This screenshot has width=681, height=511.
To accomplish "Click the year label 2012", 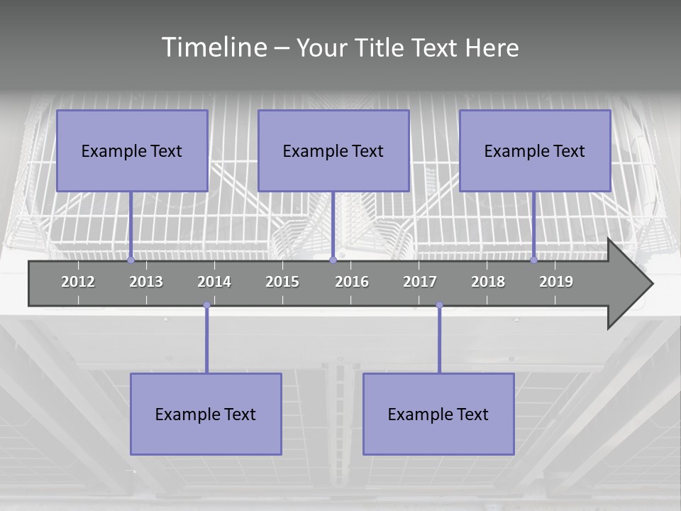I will tap(78, 282).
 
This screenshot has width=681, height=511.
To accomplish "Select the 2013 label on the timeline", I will tap(146, 282).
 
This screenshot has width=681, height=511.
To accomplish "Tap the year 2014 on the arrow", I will tap(214, 282).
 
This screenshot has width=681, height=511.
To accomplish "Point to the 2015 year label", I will tap(282, 282).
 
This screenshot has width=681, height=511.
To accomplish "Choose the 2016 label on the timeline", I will tap(352, 282).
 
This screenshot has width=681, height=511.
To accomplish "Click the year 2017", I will tap(420, 282).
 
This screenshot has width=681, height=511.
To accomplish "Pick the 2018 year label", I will tap(488, 282).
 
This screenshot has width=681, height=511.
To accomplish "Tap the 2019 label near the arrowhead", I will tap(556, 282).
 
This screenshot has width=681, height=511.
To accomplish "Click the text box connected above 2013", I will tap(132, 150).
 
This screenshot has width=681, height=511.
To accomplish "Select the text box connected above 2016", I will tap(333, 150).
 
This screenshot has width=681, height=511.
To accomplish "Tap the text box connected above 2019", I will tap(535, 150).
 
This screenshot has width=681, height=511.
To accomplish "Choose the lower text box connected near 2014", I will tap(206, 414).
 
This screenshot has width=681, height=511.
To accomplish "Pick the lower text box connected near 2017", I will tap(438, 414).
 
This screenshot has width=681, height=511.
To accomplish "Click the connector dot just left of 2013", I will tap(131, 260).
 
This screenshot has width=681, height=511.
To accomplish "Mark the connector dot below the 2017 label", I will tap(439, 305).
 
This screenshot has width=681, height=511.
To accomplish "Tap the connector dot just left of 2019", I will tap(534, 260).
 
